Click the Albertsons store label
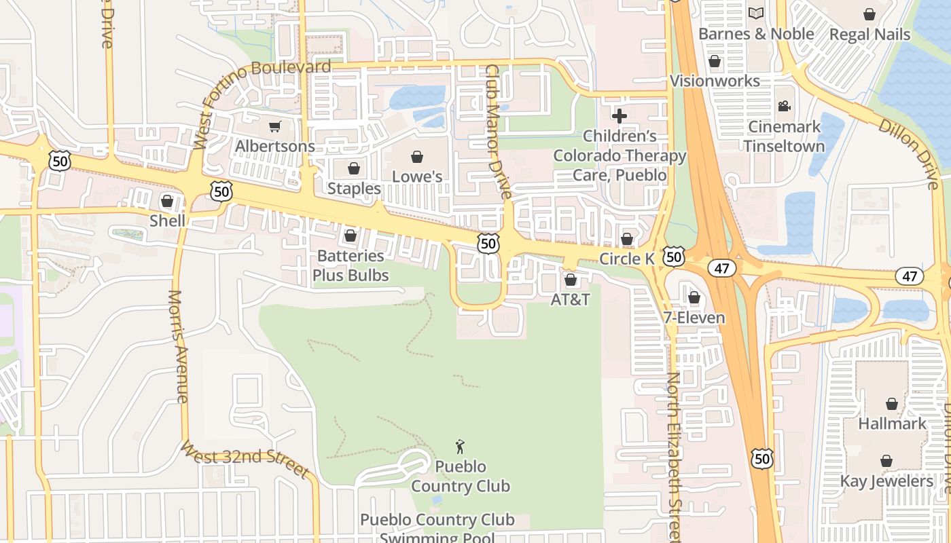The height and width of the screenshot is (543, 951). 274,146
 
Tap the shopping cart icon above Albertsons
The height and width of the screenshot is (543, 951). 274,126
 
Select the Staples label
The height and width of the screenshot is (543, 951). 354,188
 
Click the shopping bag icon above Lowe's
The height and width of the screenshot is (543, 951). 417,157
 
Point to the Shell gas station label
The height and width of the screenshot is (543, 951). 167,221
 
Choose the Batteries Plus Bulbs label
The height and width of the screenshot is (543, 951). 351,265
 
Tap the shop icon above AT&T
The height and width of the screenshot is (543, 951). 571,280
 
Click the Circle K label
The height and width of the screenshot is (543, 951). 626,259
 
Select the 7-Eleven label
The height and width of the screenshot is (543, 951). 694,317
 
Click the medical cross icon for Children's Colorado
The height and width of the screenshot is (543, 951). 620,116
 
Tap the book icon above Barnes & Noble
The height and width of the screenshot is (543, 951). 755,14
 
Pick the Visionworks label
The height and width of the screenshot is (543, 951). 715,81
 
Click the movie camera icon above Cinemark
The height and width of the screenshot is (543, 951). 784,107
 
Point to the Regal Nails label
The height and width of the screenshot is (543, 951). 869,34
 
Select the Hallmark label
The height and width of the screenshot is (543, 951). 892,424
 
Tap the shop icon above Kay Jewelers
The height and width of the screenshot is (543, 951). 886,462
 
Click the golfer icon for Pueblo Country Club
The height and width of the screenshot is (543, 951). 460,447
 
